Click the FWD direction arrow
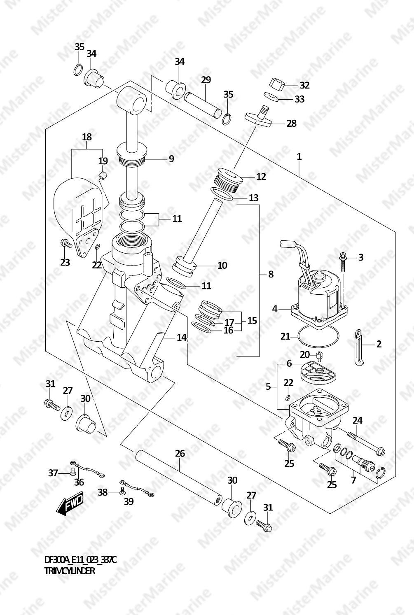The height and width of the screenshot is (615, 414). pyautogui.click(x=70, y=504)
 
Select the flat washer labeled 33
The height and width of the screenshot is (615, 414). pyautogui.click(x=271, y=96)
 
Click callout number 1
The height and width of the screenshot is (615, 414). pyautogui.click(x=299, y=156)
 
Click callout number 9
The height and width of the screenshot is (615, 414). pyautogui.click(x=171, y=159)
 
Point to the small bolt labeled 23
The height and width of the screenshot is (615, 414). pyautogui.click(x=66, y=244)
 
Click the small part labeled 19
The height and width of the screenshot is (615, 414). pyautogui.click(x=103, y=175)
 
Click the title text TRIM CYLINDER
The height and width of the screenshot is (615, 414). pyautogui.click(x=70, y=571)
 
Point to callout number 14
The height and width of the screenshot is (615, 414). pyautogui.click(x=182, y=338)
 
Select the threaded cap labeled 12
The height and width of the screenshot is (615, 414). pyautogui.click(x=228, y=180)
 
